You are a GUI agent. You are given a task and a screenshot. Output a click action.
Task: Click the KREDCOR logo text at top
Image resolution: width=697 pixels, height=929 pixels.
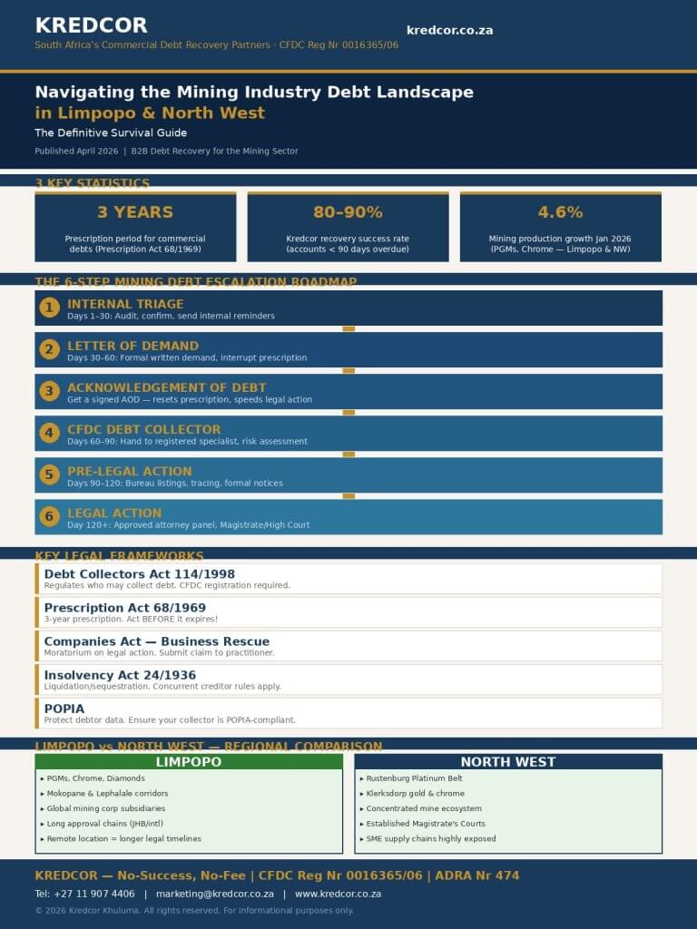[x=91, y=25]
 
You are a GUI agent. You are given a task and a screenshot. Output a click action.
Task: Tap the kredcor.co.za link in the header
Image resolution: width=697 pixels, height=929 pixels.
[x=449, y=30]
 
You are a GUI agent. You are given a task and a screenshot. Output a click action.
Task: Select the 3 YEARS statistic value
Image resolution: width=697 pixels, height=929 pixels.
[x=134, y=212]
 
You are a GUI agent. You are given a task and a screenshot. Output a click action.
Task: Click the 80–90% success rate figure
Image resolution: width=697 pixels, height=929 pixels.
[x=348, y=212]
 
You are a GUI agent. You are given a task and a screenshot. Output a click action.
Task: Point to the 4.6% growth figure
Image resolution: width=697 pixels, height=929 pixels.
[x=560, y=212]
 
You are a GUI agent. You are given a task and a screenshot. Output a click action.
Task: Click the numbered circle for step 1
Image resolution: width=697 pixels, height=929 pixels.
[x=50, y=308]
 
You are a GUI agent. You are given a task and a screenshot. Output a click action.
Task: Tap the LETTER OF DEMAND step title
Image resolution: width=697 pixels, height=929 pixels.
[x=133, y=346]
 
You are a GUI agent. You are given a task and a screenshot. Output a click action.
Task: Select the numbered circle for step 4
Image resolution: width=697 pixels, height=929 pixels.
[x=50, y=434]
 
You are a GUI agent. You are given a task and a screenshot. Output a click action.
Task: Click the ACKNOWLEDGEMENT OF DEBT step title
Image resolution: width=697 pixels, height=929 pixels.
[x=166, y=387]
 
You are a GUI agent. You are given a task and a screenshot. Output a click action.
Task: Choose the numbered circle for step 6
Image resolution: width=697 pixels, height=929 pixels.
[x=50, y=517]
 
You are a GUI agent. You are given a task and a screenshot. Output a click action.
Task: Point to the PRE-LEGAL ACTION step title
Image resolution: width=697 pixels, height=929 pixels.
[x=129, y=471]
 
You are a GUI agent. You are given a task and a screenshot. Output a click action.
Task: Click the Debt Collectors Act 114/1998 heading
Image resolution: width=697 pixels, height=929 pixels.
[x=139, y=574]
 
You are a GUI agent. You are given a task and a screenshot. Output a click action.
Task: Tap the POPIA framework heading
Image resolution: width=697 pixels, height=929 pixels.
[x=64, y=709]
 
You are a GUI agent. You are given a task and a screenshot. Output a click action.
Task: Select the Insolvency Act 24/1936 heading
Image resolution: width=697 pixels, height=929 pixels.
[x=120, y=675]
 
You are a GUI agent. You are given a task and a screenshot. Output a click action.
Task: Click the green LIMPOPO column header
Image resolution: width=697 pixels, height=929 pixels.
[x=189, y=762]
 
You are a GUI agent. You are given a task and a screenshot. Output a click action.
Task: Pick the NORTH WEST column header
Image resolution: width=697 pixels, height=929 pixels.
[x=507, y=762]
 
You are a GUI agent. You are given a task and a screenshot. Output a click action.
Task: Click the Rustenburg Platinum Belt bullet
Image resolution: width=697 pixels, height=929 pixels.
[x=414, y=778]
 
